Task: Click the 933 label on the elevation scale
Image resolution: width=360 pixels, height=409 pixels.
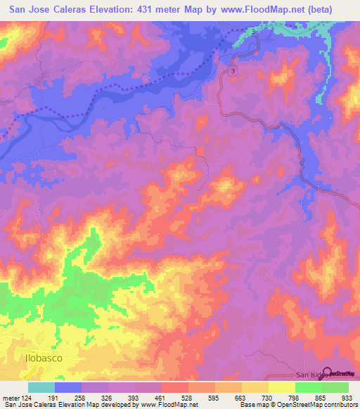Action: [x=348, y=397]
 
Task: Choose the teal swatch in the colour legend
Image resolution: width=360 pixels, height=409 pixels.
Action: [x=41, y=387]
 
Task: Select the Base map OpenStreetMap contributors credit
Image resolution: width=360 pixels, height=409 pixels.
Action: [x=297, y=405]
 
